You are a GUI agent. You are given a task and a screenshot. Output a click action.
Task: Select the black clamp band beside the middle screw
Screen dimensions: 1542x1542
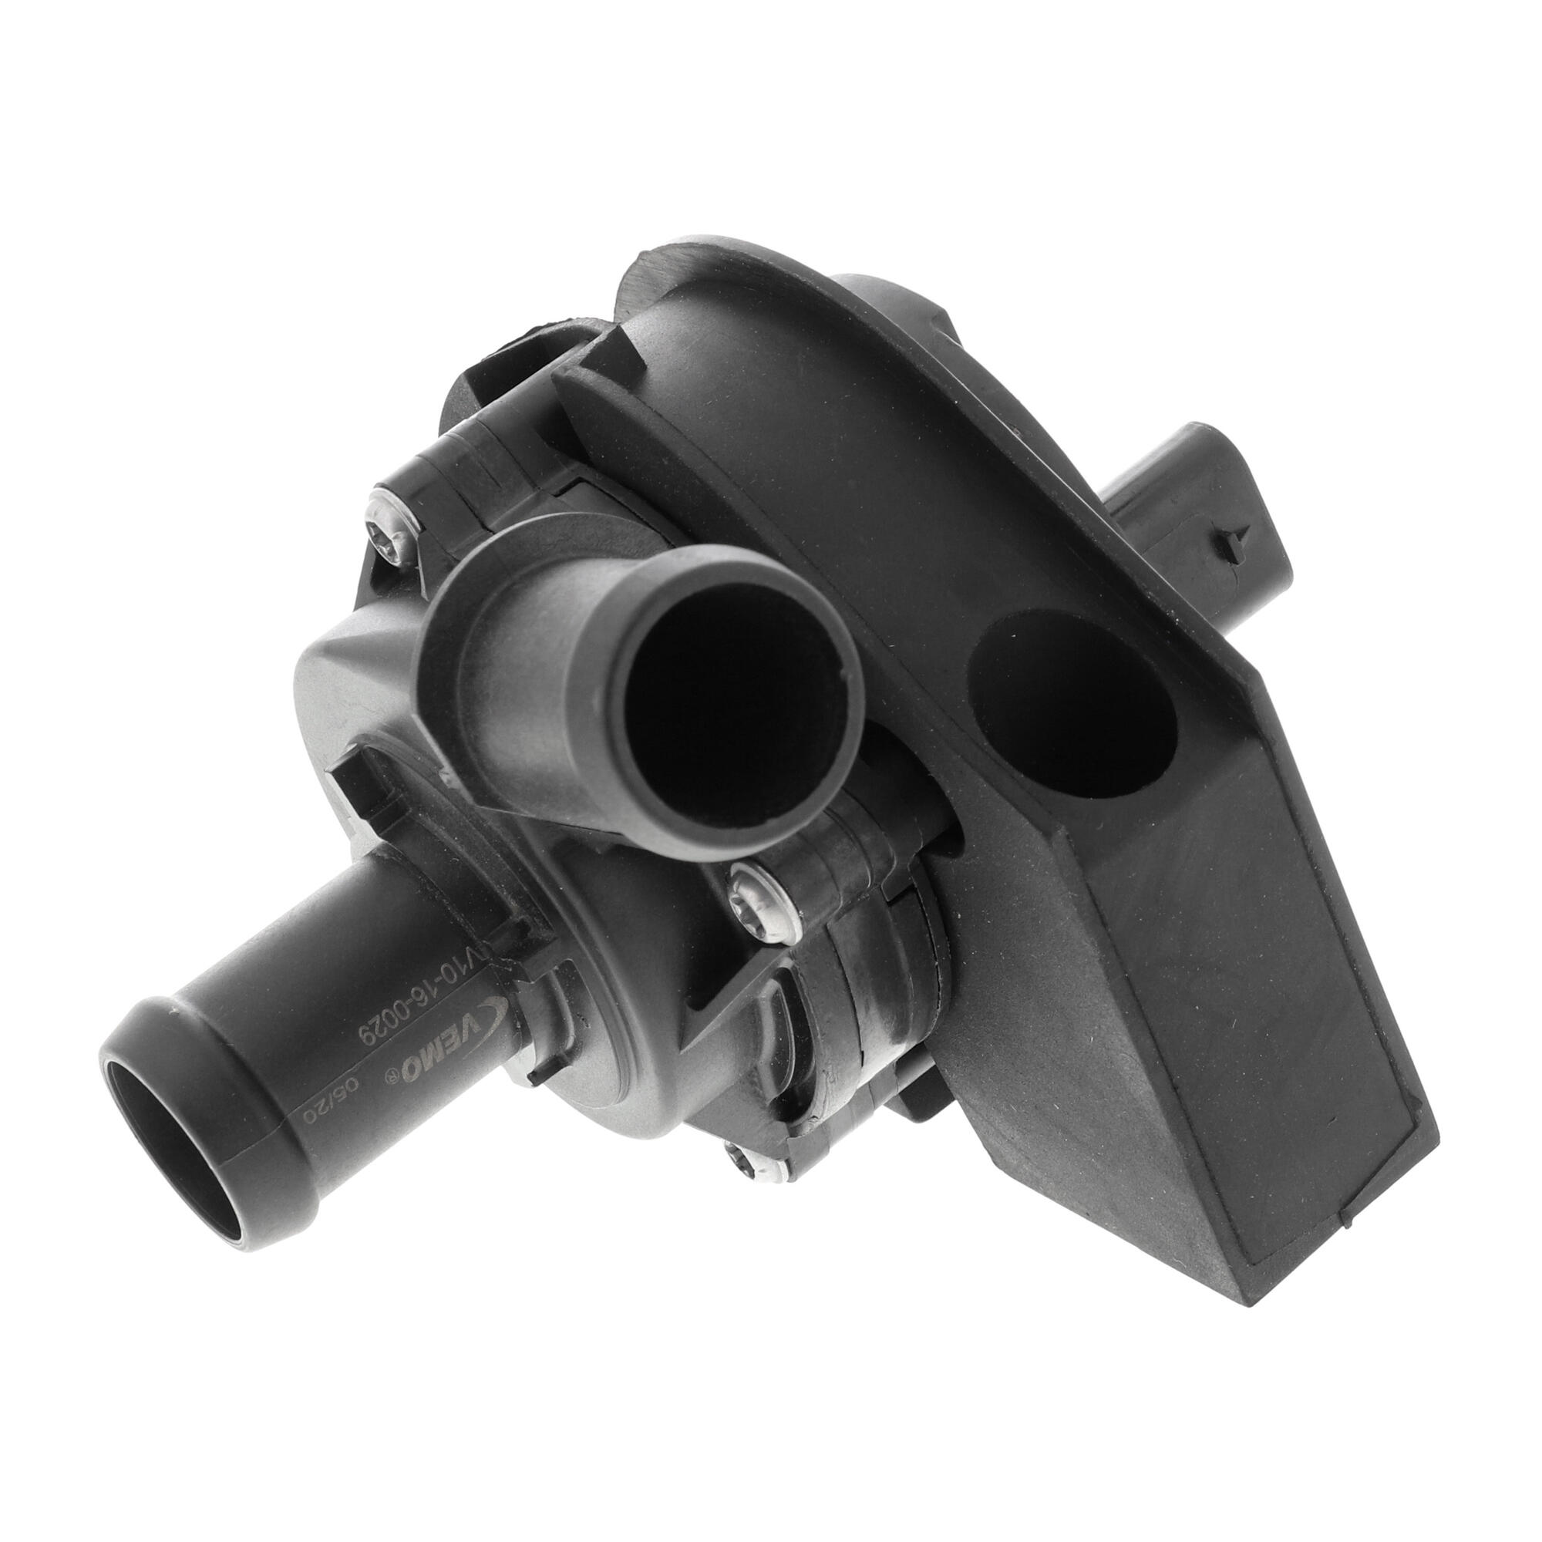(x=862, y=958)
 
